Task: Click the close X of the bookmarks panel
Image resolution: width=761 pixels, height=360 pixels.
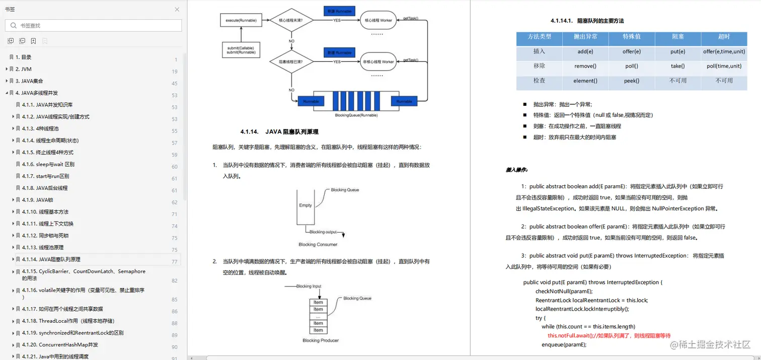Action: [x=177, y=10]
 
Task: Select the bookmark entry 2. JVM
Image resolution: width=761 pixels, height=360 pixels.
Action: [x=23, y=69]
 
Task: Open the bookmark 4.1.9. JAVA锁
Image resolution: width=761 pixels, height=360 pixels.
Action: [x=37, y=200]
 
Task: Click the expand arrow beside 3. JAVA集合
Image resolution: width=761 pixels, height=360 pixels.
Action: [x=7, y=81]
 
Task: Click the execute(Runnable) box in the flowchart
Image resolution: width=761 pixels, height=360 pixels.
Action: [x=241, y=20]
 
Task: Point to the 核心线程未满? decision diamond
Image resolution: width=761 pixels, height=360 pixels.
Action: [x=291, y=20]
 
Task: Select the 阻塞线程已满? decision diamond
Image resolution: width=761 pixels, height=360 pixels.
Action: [x=291, y=61]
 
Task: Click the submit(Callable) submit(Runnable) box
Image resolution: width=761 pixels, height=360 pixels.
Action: [x=241, y=50]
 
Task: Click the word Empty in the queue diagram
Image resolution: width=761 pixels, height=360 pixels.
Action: [x=306, y=205]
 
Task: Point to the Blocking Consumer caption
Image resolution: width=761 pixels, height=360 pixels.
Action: [x=318, y=245]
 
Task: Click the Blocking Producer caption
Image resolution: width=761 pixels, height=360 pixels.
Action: [x=321, y=340]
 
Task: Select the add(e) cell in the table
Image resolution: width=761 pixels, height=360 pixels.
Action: [x=585, y=51]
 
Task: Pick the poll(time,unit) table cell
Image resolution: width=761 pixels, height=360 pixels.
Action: [x=724, y=66]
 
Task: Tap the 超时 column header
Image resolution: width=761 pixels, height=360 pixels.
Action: [x=724, y=37]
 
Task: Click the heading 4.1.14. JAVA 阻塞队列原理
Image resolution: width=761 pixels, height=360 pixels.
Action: [x=279, y=132]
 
